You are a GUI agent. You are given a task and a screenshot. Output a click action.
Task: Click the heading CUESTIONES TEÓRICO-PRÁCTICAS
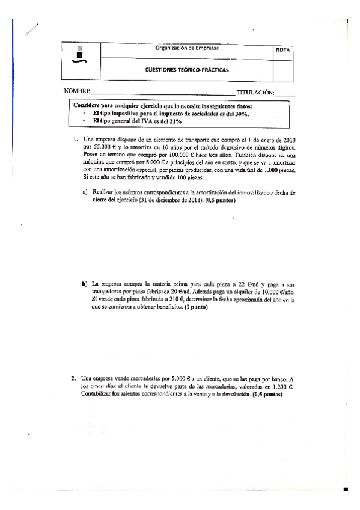[x=187, y=69]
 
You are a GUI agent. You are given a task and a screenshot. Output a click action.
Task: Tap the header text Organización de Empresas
[x=187, y=48]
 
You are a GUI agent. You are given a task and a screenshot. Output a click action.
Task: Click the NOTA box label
[x=282, y=49]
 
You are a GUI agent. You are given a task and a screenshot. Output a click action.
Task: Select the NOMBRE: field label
[x=78, y=91]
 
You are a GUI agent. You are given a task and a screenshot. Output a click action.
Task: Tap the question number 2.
[x=72, y=378]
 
